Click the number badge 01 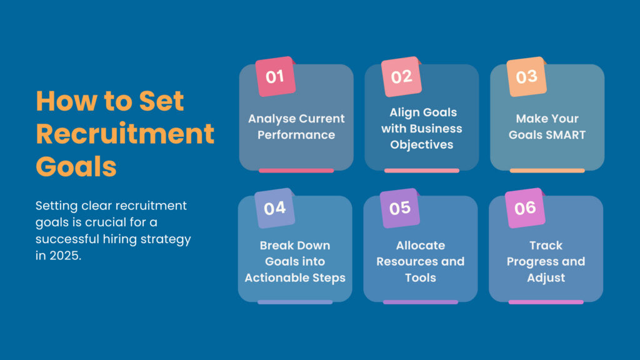(x=275, y=77)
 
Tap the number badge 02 (x=401, y=77)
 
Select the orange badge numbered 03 (x=526, y=77)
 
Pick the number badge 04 (x=274, y=208)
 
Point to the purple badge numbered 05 (x=400, y=208)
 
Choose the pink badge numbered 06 (x=525, y=208)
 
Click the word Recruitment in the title (x=125, y=134)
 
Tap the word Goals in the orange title (x=76, y=167)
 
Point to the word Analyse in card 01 (x=269, y=119)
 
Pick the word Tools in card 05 (x=420, y=277)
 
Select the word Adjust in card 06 (x=546, y=277)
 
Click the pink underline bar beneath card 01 (x=296, y=170)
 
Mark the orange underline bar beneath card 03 (x=547, y=170)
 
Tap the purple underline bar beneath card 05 (x=420, y=302)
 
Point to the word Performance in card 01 (x=296, y=135)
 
